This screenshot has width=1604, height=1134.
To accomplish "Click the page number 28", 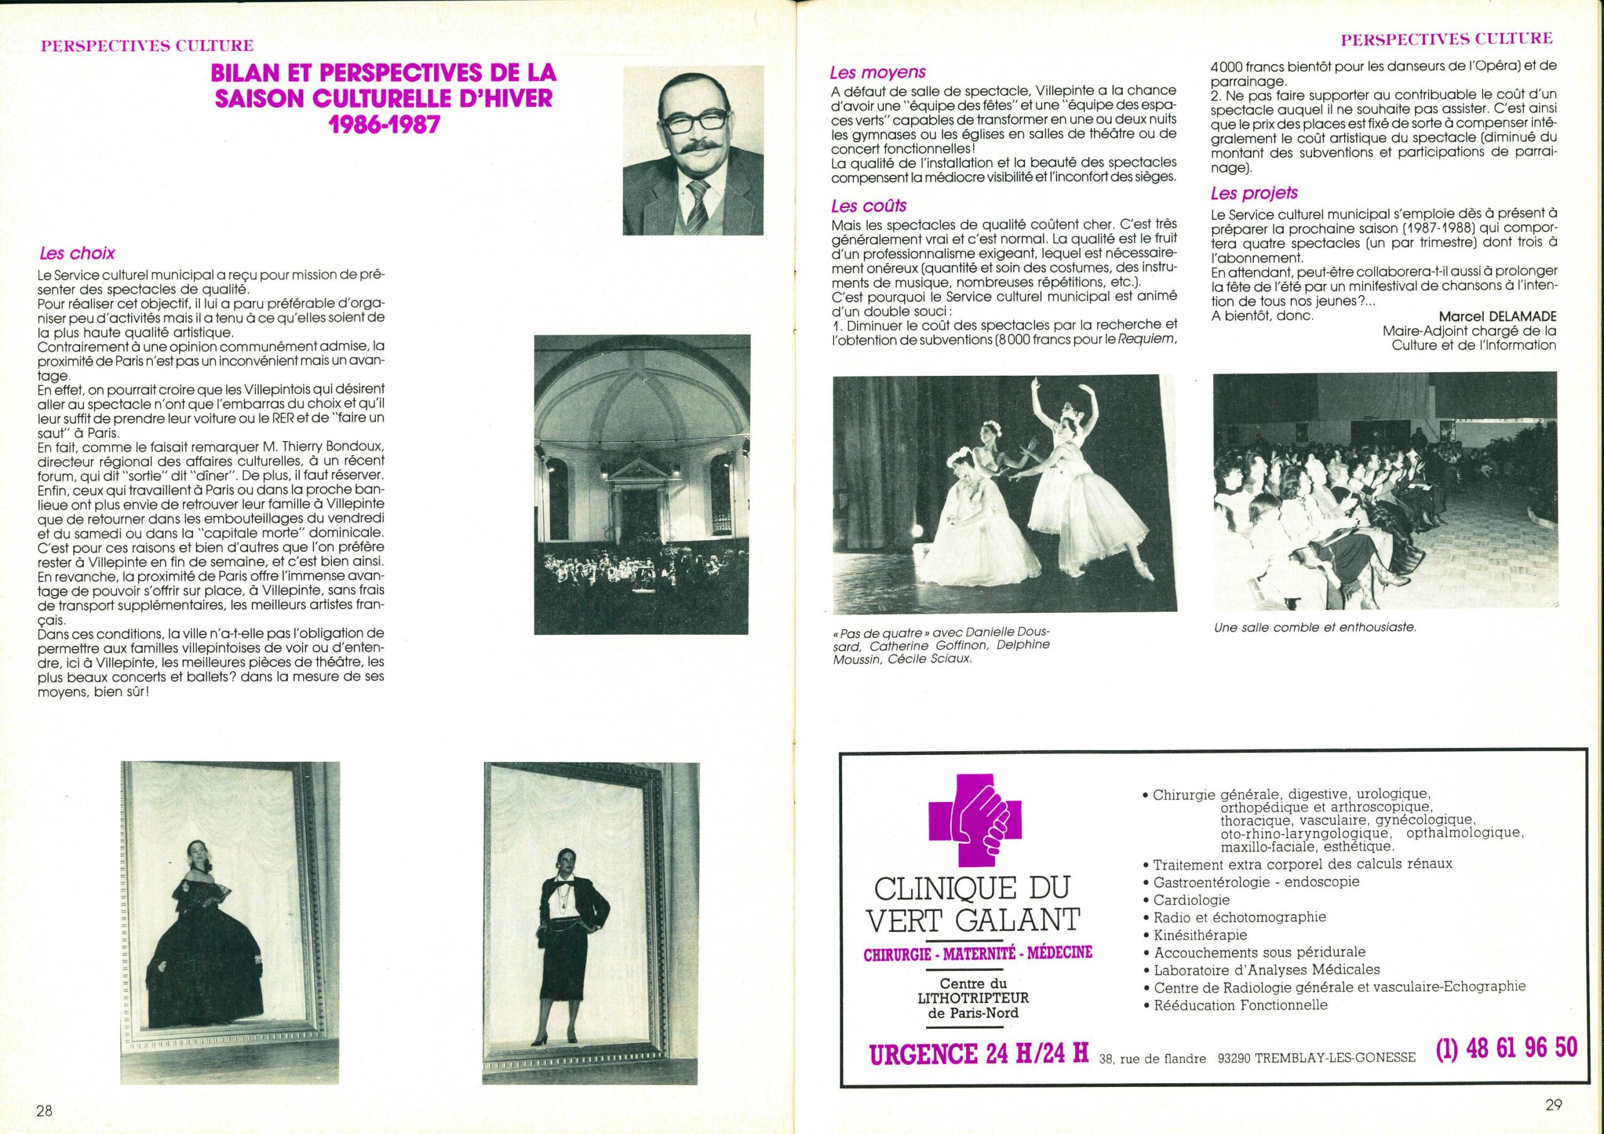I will point(44,1111).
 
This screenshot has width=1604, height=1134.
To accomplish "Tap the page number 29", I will point(1553,1104).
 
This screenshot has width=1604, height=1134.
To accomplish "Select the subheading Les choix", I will point(77,253).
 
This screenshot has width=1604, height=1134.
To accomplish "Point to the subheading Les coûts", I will point(868,205).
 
